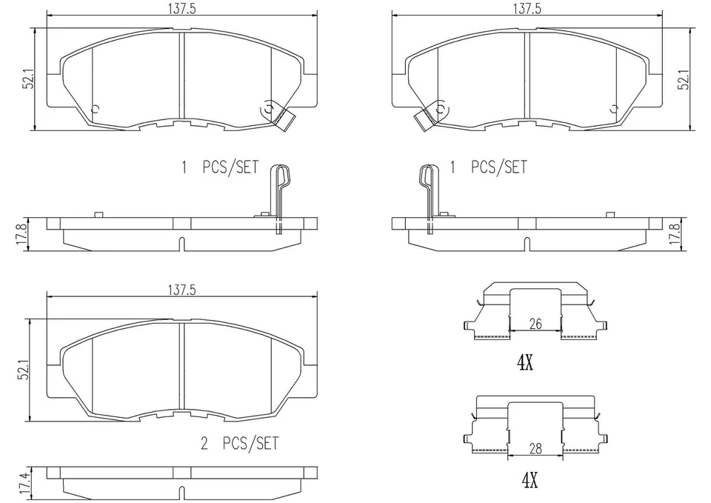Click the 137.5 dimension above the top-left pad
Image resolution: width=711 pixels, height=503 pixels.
click(181, 8)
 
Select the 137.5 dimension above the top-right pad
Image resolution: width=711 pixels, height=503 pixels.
click(527, 8)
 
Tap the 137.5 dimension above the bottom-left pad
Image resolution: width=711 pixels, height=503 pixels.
click(181, 290)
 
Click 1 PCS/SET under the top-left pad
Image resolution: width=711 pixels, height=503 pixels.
click(220, 167)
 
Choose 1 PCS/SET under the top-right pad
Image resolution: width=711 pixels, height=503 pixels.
click(489, 167)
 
